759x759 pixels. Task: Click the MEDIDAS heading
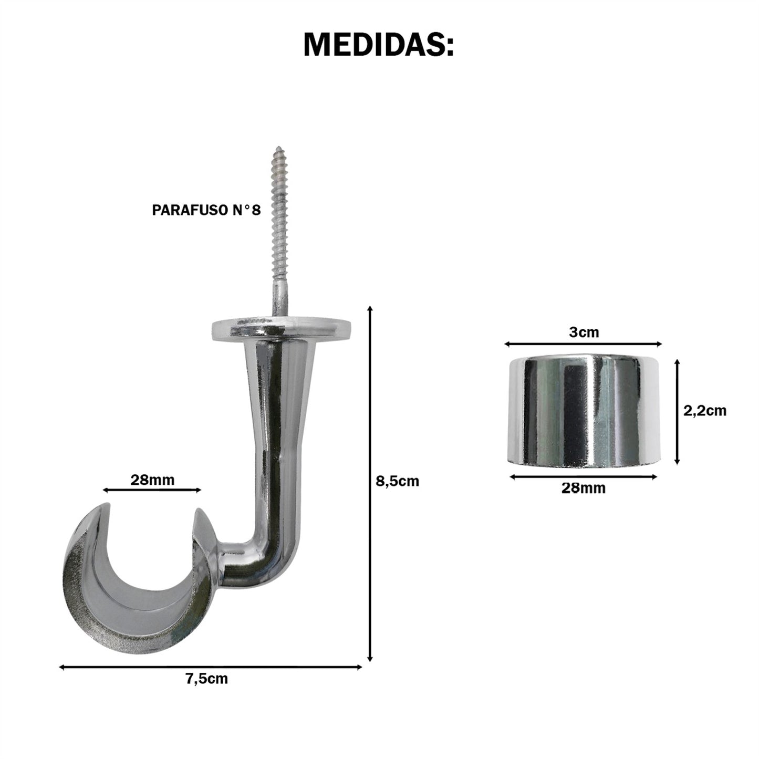click(378, 45)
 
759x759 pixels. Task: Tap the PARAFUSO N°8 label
click(206, 211)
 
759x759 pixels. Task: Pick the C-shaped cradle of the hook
click(131, 599)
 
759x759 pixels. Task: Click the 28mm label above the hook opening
click(152, 480)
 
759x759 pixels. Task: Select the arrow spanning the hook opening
click(152, 490)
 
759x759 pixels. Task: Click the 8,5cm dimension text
click(398, 481)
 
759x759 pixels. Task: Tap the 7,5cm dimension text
click(206, 679)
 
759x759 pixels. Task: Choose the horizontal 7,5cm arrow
click(210, 667)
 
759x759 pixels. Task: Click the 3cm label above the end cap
click(584, 332)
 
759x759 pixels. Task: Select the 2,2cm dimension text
click(704, 410)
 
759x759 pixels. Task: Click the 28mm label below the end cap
click(583, 488)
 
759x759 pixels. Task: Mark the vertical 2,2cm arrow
click(678, 411)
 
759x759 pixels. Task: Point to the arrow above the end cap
click(583, 344)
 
